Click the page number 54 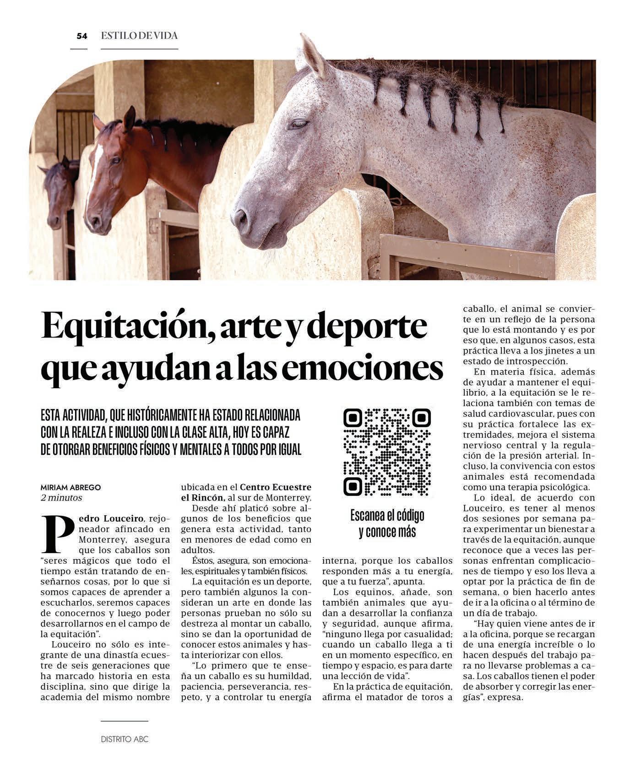(81, 36)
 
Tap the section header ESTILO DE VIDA (139, 36)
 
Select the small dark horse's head (59, 192)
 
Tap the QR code (387, 452)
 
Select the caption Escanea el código (387, 515)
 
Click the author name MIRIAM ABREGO (71, 487)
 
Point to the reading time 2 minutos (61, 497)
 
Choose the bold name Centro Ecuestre (276, 487)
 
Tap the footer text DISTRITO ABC (125, 739)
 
